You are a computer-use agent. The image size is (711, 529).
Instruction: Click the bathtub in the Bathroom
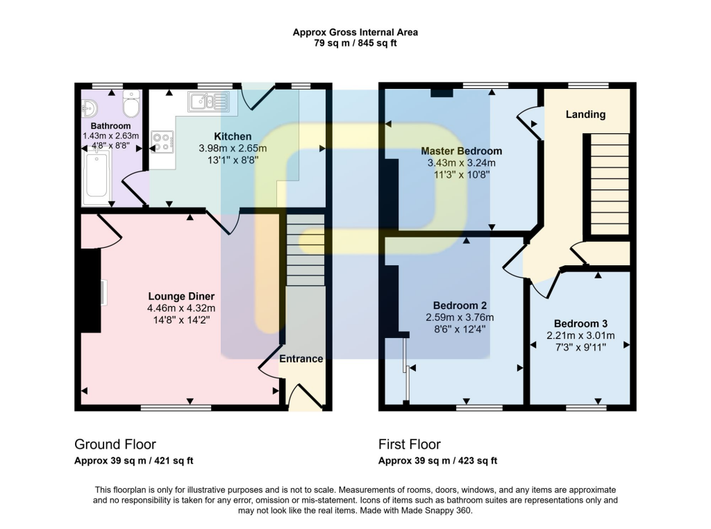[x=96, y=179]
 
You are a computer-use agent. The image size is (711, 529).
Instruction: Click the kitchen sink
[x=208, y=103]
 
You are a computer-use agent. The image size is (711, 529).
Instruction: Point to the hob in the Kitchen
[x=162, y=141]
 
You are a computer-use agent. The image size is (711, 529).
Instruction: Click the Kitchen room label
[x=233, y=136]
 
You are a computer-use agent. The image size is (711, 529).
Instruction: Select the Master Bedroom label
[x=461, y=151]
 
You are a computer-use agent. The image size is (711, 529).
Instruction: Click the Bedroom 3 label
[x=580, y=324]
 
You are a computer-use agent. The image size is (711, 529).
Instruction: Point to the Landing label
[x=585, y=115]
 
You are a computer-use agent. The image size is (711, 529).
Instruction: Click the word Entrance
[x=301, y=359]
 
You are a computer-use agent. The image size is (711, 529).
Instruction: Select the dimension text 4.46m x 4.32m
[x=181, y=308]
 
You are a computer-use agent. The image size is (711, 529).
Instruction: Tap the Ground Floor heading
[x=115, y=444]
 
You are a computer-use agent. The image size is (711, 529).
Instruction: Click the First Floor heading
[x=410, y=444]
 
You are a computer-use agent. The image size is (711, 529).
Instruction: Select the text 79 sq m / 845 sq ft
[x=355, y=43]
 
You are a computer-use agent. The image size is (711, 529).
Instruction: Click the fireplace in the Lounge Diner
[x=91, y=292]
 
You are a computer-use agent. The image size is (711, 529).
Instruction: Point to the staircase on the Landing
[x=610, y=185]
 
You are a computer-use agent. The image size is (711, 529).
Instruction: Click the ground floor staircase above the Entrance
[x=306, y=249]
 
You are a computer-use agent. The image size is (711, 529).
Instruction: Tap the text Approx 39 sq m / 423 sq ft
[x=437, y=461]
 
